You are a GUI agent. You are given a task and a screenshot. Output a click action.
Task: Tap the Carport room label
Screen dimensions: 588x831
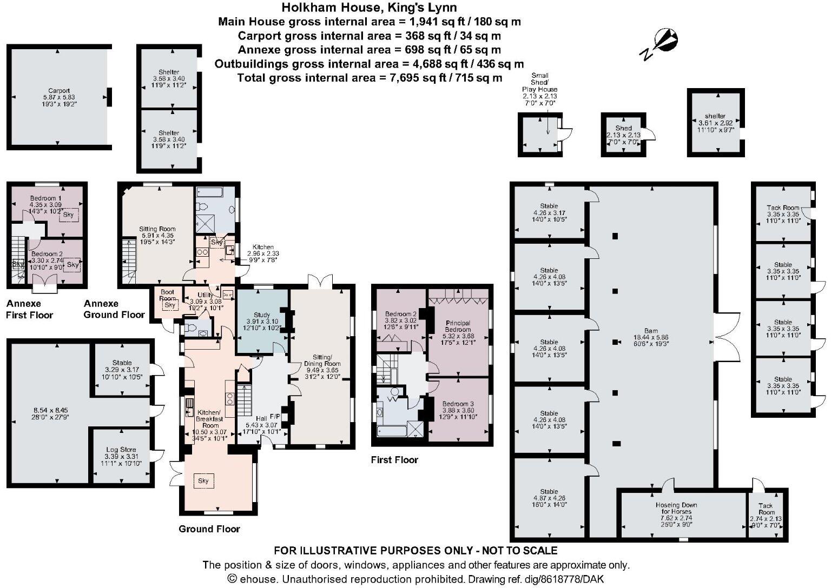pyautogui.click(x=58, y=91)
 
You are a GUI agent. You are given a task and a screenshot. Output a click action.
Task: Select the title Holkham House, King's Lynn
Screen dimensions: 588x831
pyautogui.click(x=370, y=8)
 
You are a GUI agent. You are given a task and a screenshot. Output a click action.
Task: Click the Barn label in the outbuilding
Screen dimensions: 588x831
pyautogui.click(x=651, y=331)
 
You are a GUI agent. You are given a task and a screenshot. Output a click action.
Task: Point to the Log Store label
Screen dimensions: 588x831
pyautogui.click(x=121, y=450)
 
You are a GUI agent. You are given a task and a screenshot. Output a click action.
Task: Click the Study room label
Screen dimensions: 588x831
pyautogui.click(x=262, y=315)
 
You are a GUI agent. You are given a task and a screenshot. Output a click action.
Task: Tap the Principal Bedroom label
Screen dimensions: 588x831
pyautogui.click(x=457, y=326)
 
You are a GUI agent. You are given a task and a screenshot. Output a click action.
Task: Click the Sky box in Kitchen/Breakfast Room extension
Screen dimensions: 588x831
pyautogui.click(x=203, y=481)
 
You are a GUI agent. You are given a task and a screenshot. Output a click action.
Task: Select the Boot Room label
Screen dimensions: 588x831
pyautogui.click(x=168, y=295)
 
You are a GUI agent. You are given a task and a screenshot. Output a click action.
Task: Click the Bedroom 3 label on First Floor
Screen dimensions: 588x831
pyautogui.click(x=458, y=404)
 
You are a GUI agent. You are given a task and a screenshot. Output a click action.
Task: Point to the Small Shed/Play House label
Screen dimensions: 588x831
pyautogui.click(x=539, y=82)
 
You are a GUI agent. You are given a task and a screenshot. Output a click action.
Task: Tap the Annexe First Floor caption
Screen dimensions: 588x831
pyautogui.click(x=30, y=309)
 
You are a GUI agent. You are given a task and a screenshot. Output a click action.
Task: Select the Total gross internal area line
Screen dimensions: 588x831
pyautogui.click(x=370, y=78)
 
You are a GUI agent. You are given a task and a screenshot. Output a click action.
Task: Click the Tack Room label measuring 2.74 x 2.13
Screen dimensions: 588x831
pyautogui.click(x=766, y=509)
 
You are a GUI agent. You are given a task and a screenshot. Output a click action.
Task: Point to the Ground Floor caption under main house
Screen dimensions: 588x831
pyautogui.click(x=209, y=529)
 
